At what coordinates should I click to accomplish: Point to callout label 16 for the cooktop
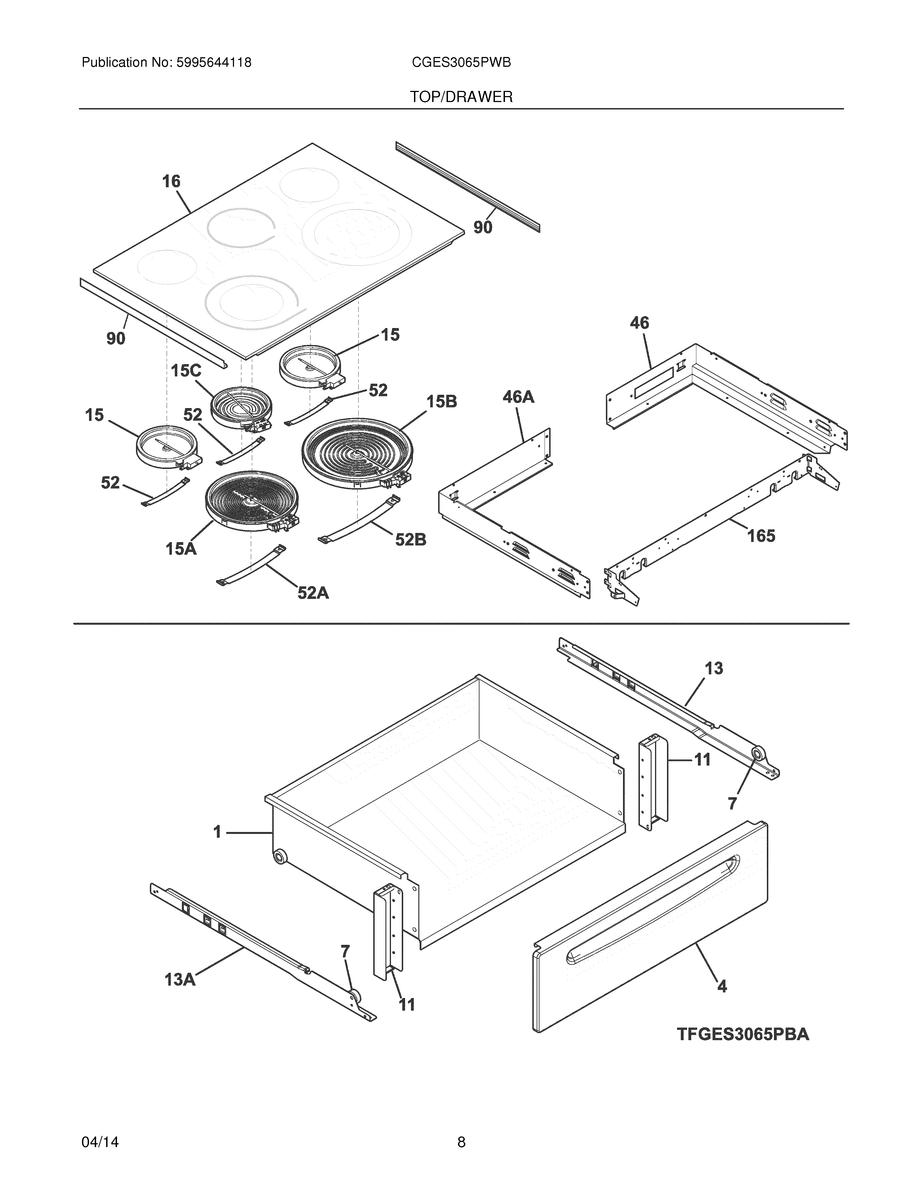point(171,182)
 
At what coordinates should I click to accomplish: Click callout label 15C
point(186,371)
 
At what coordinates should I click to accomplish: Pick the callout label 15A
point(181,548)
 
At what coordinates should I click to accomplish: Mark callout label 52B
point(411,539)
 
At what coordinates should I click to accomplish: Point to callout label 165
point(761,536)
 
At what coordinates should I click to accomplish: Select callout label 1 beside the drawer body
point(217,832)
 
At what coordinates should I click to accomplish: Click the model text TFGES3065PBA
point(742,1034)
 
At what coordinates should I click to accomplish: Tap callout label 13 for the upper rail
point(714,668)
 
